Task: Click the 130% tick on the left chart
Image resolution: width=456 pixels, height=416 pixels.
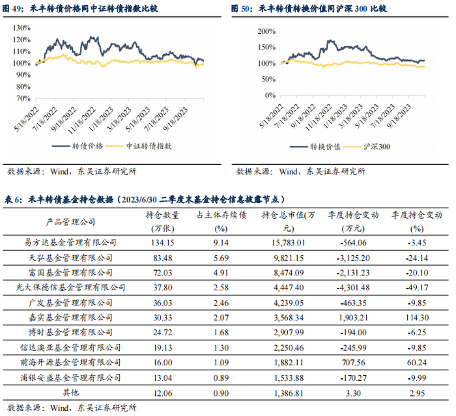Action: (x=22, y=28)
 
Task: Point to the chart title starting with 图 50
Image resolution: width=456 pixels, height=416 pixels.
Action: (x=309, y=9)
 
